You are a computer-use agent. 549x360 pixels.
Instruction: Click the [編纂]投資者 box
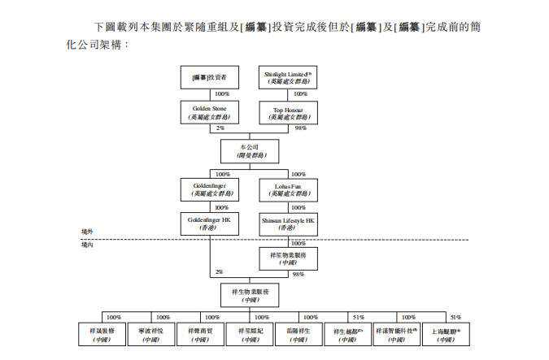point(209,78)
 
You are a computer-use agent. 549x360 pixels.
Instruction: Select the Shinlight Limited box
point(289,78)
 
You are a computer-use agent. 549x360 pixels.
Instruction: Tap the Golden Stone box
point(209,112)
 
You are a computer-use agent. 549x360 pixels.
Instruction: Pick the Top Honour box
point(289,112)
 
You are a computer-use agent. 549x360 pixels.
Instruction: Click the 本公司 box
point(249,150)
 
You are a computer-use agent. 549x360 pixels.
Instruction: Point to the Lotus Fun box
point(289,190)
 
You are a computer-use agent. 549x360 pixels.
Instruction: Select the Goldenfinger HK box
point(209,224)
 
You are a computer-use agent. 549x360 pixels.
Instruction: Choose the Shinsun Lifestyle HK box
point(289,224)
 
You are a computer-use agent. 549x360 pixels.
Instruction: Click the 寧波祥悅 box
point(150,336)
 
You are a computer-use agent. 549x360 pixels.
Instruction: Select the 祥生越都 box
point(348,336)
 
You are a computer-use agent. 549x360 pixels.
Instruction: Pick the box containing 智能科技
point(397,336)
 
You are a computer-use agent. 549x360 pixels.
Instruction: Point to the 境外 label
point(87,232)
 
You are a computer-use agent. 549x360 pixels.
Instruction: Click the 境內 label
point(87,244)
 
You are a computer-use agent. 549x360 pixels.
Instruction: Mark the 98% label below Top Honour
point(300,128)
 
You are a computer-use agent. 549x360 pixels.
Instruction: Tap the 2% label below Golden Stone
point(220,128)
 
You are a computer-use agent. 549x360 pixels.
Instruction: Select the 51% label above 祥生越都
point(358,317)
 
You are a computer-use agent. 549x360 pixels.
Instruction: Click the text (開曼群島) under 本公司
point(249,154)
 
